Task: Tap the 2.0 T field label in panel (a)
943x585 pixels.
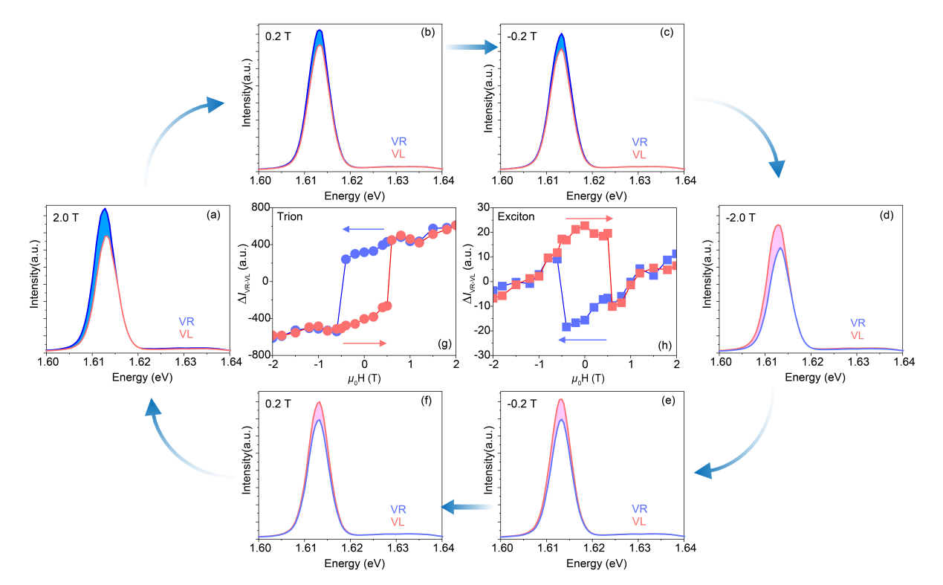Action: point(66,216)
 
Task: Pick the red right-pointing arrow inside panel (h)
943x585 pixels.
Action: point(589,219)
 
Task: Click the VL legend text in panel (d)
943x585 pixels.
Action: point(857,336)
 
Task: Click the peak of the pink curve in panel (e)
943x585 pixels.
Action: point(560,401)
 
